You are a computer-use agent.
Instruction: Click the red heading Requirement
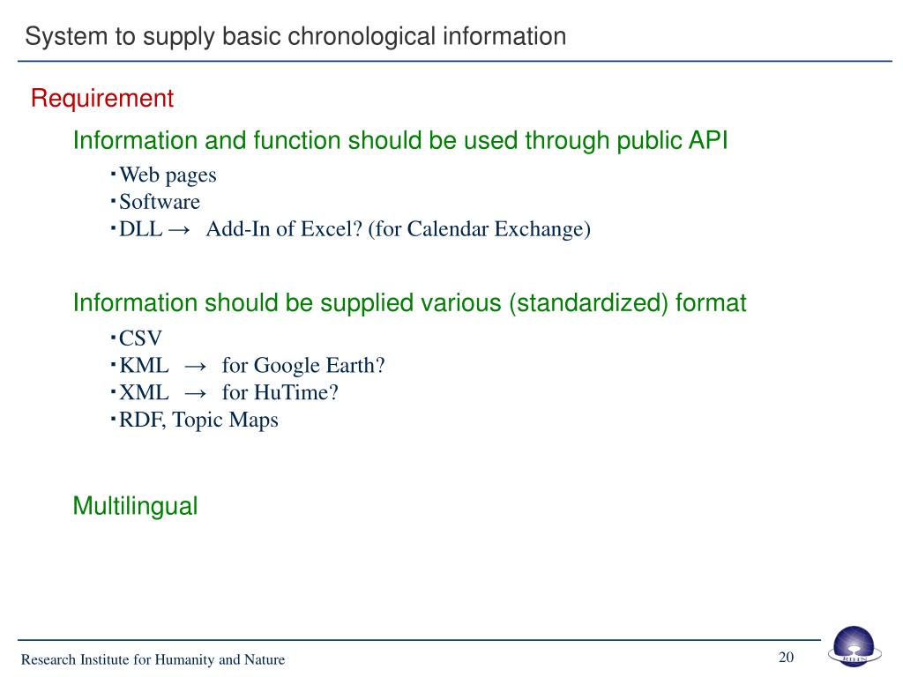tap(102, 99)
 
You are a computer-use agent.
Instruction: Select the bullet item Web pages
tap(168, 175)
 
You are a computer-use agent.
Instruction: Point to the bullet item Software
tap(160, 203)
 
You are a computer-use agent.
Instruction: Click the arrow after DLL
tap(179, 230)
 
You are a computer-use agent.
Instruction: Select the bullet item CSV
tap(141, 338)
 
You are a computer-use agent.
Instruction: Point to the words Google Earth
tap(320, 366)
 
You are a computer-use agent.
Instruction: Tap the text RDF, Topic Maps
tap(198, 420)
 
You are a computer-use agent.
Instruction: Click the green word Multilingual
tap(135, 507)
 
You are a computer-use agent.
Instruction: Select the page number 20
tap(786, 658)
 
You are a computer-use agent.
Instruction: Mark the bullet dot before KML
tap(114, 363)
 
